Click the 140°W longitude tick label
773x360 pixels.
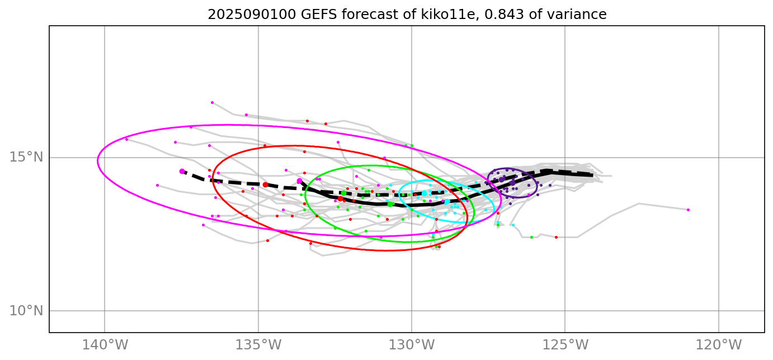[105, 344]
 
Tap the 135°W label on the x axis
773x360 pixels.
[258, 344]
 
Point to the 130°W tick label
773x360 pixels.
[412, 344]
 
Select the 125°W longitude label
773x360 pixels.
[565, 344]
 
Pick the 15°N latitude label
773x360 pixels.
[26, 157]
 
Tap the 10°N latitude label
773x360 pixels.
[26, 311]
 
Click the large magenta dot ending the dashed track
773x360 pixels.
[182, 171]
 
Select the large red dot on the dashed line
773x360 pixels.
[265, 184]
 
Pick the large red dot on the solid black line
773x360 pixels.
[340, 198]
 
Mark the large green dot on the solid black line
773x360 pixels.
[390, 204]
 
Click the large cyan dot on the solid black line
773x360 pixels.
[447, 201]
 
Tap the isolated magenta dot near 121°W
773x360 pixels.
[688, 210]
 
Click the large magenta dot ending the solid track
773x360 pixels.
[299, 181]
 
